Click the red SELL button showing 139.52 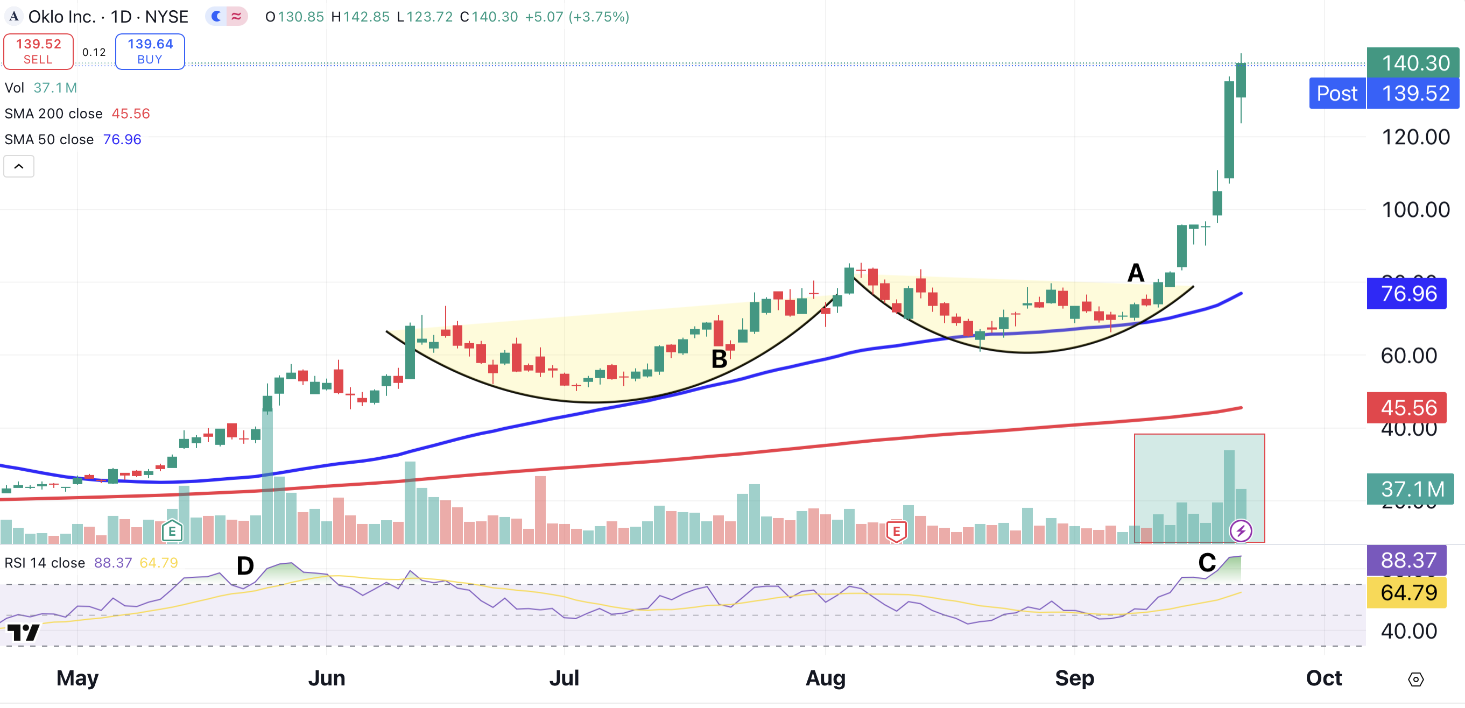[x=38, y=51]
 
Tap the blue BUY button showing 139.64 [x=150, y=51]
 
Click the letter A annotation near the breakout [x=1136, y=273]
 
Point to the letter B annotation [x=720, y=359]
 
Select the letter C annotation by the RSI [x=1207, y=563]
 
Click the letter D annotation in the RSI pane [x=245, y=566]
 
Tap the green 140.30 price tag [x=1413, y=62]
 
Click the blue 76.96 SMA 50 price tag [x=1406, y=293]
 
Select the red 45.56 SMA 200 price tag [x=1406, y=407]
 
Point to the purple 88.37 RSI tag [x=1406, y=560]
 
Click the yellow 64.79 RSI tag [x=1406, y=592]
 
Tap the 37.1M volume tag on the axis [x=1411, y=489]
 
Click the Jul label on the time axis [x=564, y=678]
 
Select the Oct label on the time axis [x=1323, y=678]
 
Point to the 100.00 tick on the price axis [x=1415, y=210]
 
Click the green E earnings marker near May [x=172, y=532]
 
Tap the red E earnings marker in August [x=896, y=532]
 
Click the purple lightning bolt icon [x=1241, y=531]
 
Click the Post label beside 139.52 [x=1337, y=93]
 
